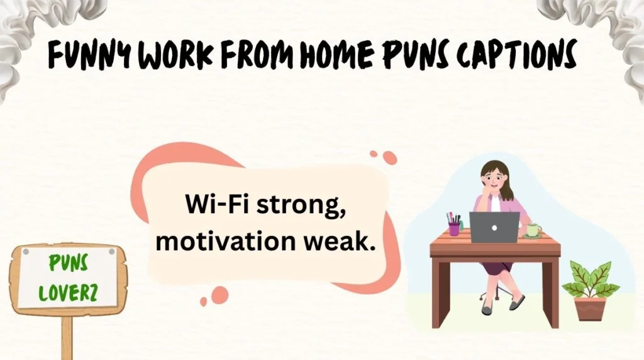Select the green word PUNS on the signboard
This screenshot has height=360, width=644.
click(69, 264)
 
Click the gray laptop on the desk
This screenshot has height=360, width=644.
click(494, 227)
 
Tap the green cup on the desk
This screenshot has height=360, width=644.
click(533, 230)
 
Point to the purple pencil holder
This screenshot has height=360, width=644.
click(454, 229)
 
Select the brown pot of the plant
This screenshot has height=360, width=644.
click(590, 308)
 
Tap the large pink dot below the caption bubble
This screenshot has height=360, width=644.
click(219, 295)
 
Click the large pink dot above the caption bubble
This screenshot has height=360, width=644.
click(390, 157)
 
